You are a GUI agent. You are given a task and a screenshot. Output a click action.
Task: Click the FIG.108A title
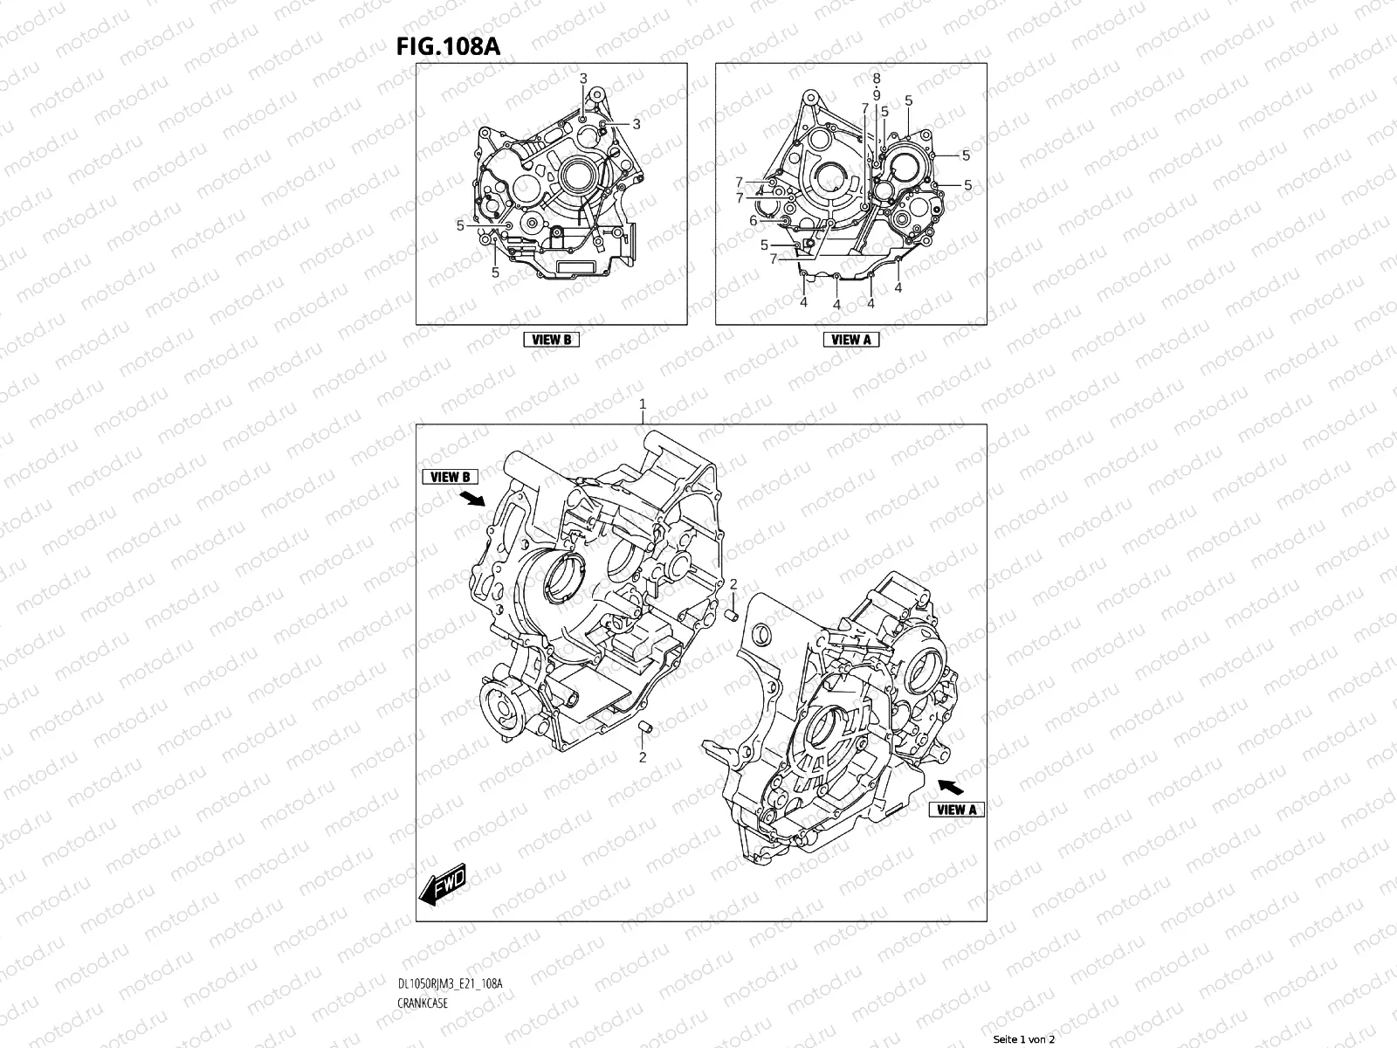tap(449, 47)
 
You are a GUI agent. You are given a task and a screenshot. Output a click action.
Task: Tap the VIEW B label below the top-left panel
tap(551, 340)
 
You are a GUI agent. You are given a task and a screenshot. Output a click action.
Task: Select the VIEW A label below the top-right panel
tap(851, 340)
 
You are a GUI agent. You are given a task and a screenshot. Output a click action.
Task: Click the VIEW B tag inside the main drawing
tap(451, 477)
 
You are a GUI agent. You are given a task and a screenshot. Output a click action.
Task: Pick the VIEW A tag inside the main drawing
tap(957, 810)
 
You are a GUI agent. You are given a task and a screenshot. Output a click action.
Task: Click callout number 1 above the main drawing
tap(643, 404)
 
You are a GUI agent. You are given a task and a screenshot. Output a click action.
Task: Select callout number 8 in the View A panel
tap(876, 79)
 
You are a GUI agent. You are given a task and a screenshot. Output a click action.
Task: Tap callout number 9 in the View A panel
tap(876, 95)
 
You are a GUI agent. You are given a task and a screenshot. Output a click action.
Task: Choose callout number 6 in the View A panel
tap(754, 221)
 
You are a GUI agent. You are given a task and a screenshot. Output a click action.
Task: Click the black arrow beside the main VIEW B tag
tap(472, 498)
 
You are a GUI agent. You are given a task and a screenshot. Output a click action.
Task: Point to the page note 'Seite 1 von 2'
tap(1024, 1040)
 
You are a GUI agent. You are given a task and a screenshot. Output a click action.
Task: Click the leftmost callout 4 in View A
tap(803, 301)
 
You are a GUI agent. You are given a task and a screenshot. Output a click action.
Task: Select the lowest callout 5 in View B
tap(495, 272)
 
